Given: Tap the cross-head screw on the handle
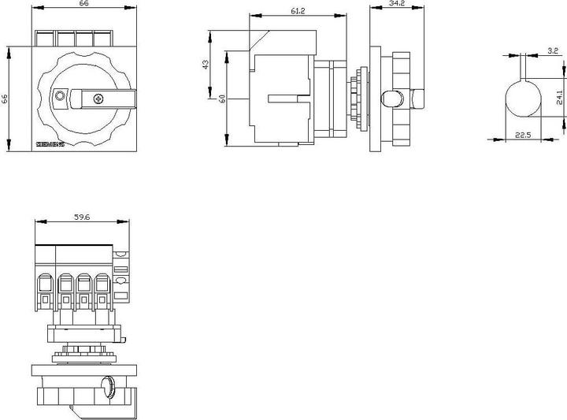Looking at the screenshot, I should [x=98, y=98].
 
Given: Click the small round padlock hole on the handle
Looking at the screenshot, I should [x=60, y=96].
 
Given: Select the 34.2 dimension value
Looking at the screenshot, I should [x=397, y=5].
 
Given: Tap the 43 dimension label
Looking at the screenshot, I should [x=206, y=65].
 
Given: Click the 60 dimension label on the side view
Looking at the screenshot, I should [x=223, y=99].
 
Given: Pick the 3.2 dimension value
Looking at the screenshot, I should [x=553, y=51].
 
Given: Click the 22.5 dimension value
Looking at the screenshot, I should [x=523, y=135].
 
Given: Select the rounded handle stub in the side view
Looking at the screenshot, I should [x=391, y=98].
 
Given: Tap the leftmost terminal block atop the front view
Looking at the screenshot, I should [x=46, y=39].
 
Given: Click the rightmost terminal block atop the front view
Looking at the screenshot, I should [x=102, y=39].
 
